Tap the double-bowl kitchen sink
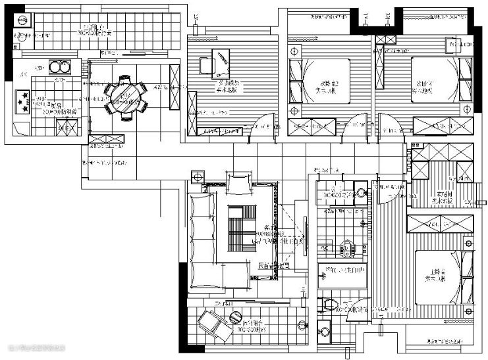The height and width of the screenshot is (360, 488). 59,67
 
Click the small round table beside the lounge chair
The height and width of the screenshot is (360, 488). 234,315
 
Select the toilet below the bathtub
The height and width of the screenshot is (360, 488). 332,303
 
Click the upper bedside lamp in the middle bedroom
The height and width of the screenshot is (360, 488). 294,64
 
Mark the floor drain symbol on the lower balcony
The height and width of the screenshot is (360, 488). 302,323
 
